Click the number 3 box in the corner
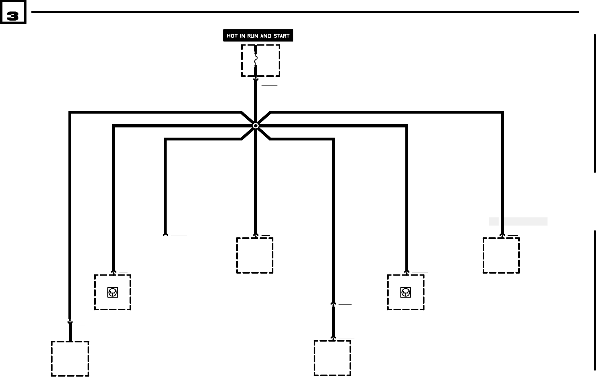pyautogui.click(x=13, y=12)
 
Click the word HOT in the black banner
pyautogui.click(x=232, y=36)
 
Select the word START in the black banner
pyautogui.click(x=281, y=36)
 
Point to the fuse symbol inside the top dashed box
pyautogui.click(x=256, y=60)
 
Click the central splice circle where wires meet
pyautogui.click(x=256, y=126)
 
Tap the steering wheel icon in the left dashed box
pyautogui.click(x=113, y=292)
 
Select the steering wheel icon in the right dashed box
pyautogui.click(x=405, y=292)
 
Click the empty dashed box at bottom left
pyautogui.click(x=70, y=359)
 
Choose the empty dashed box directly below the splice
pyautogui.click(x=255, y=256)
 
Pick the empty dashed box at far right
pyautogui.click(x=501, y=256)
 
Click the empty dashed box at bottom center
pyautogui.click(x=332, y=358)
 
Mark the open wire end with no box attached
pyautogui.click(x=165, y=234)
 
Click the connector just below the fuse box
pyautogui.click(x=256, y=80)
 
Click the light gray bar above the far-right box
pyautogui.click(x=518, y=221)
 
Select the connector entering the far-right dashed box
pyautogui.click(x=502, y=235)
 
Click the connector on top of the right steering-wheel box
pyautogui.click(x=407, y=272)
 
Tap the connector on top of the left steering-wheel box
pyautogui.click(x=114, y=272)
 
